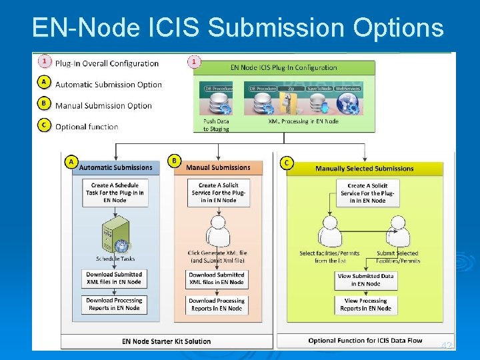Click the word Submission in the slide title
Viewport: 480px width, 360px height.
pos(281,27)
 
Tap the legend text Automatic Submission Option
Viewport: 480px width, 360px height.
pos(108,85)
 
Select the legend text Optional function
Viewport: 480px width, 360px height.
pos(87,127)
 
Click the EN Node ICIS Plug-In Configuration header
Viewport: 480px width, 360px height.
pos(284,67)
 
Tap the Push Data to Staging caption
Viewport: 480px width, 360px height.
pos(216,125)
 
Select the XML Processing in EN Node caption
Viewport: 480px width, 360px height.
pos(303,121)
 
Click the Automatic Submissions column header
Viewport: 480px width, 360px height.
pos(115,167)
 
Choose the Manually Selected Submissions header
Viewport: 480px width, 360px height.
pos(364,169)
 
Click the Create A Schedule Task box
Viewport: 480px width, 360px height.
pos(115,193)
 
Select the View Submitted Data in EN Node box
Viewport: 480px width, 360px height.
pos(365,280)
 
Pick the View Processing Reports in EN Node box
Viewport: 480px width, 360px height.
pos(365,305)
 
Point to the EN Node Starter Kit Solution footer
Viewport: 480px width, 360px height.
pos(166,341)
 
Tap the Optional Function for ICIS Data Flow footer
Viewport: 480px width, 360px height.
pos(365,341)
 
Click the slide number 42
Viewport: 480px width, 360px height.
pos(446,345)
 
